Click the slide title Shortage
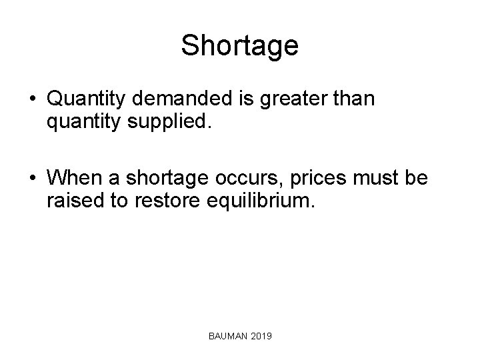point(239,46)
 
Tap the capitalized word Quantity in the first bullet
point(85,99)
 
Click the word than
point(357,99)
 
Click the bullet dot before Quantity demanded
point(33,100)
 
